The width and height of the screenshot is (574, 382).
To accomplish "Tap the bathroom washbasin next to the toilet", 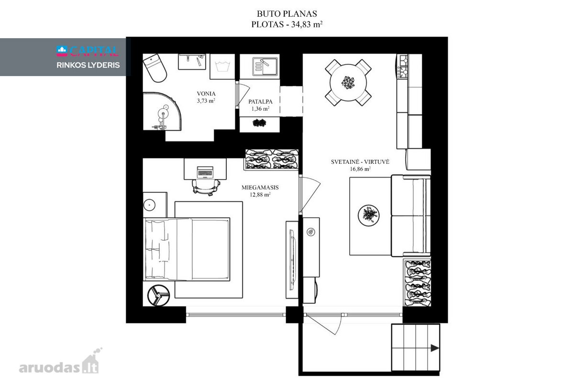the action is click(192, 62).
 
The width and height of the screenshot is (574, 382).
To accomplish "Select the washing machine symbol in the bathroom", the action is click(222, 66).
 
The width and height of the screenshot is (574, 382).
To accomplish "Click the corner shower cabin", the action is click(162, 112).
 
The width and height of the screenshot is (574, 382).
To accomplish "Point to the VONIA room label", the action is click(206, 94).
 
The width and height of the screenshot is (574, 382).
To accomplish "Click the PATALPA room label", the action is click(260, 102).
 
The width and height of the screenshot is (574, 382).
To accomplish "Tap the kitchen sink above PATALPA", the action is click(265, 66).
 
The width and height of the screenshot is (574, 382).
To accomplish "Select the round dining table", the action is click(348, 83).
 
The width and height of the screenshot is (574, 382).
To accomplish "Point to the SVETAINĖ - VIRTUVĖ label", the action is click(360, 162).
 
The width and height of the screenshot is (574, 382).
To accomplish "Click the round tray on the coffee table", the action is click(369, 215).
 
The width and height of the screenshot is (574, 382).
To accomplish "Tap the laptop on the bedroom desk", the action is click(205, 172).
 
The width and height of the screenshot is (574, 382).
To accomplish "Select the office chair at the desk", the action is click(206, 188).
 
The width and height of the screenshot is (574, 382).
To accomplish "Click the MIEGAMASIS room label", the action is click(260, 188).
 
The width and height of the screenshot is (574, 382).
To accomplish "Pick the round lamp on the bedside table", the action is click(149, 205).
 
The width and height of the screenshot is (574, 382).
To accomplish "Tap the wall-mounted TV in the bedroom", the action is click(292, 260).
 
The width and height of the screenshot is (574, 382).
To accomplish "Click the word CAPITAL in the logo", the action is click(94, 51).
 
